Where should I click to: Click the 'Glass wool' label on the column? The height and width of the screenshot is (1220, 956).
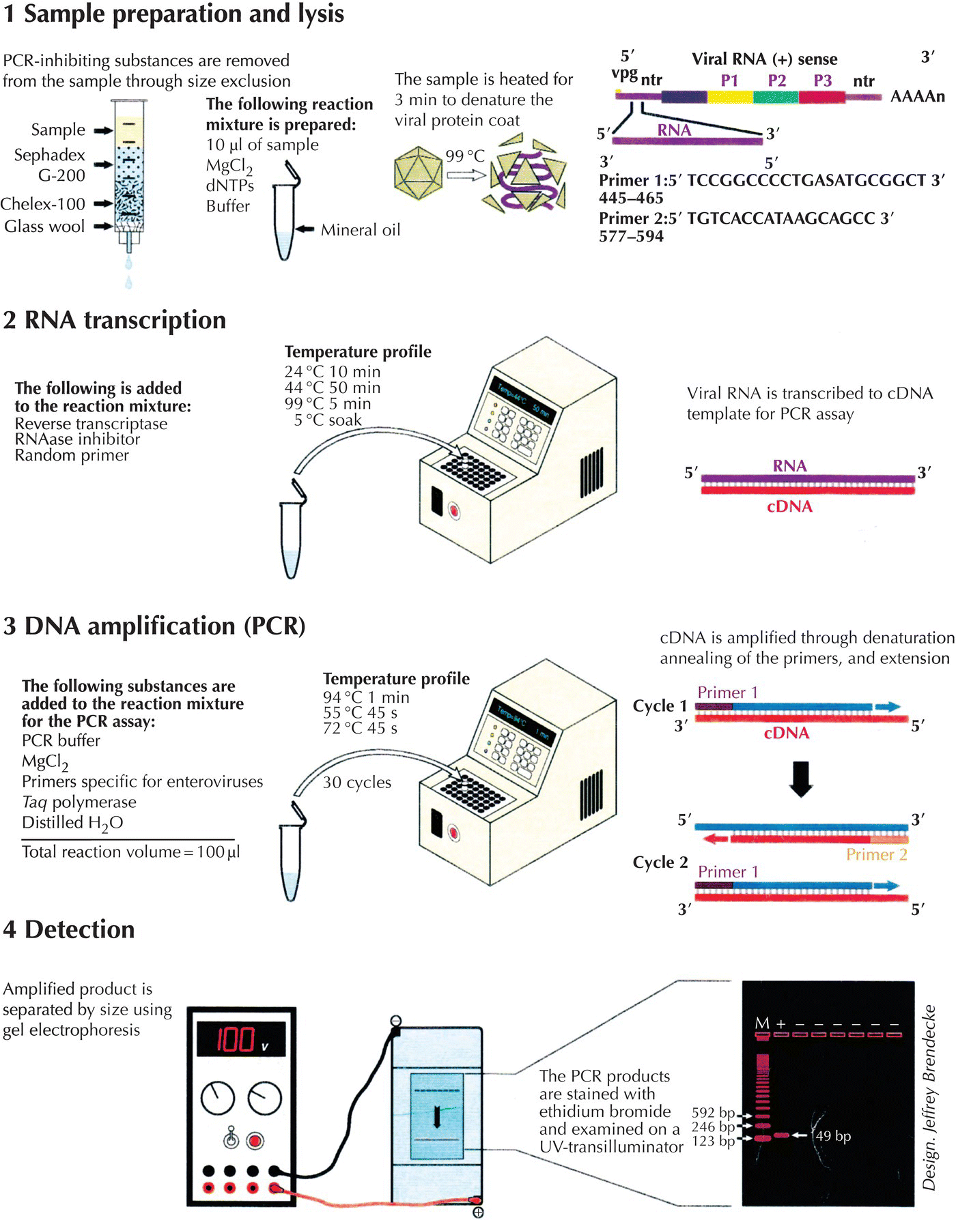[44, 227]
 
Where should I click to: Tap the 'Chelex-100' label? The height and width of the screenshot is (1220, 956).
[43, 204]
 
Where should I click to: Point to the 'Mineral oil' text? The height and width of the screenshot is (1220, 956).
[361, 230]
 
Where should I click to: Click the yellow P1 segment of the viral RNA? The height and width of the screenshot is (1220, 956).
[729, 97]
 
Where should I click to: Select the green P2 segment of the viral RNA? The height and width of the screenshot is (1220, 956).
[776, 97]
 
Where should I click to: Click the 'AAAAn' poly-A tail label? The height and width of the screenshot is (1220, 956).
[917, 96]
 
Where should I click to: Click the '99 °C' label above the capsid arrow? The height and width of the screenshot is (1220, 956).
[464, 156]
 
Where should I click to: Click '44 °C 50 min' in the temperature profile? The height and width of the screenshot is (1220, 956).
[333, 388]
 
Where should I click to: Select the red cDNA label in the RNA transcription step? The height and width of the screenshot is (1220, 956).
[789, 507]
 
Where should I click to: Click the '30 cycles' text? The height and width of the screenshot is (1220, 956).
[357, 783]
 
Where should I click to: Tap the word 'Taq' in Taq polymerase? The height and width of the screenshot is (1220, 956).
[33, 802]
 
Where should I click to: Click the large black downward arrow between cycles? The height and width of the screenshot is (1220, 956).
[800, 779]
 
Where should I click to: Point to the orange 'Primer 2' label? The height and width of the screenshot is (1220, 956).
[876, 855]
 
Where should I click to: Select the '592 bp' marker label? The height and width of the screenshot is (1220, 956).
[712, 1113]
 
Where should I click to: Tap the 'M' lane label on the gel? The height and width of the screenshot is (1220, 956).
[762, 1023]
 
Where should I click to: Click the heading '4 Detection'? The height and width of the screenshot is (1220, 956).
[69, 929]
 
